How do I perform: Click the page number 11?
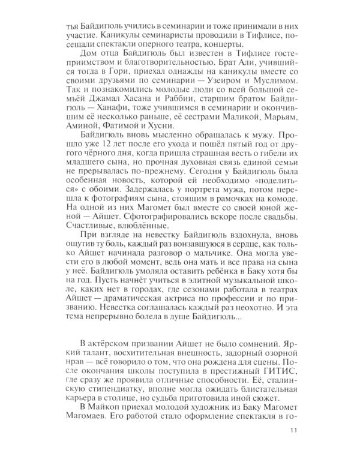point(293,430)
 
